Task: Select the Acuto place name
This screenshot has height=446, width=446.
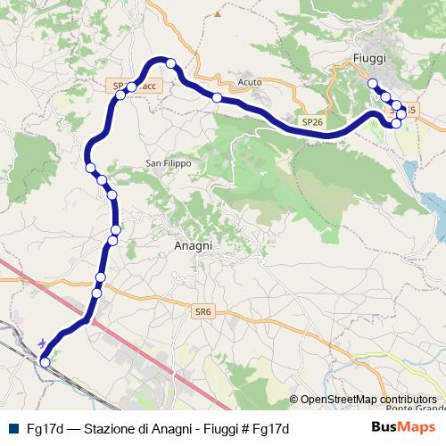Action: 250,82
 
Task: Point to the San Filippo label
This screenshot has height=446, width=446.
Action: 169,163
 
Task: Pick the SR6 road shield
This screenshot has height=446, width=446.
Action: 203,311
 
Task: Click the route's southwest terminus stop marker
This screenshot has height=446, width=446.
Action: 45,362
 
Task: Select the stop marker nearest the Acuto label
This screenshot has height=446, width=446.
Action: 217,97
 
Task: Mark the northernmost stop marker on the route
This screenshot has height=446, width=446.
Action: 170,63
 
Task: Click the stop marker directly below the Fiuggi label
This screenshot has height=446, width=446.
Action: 373,84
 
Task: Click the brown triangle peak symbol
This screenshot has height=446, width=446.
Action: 216,14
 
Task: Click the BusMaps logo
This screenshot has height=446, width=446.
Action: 403,428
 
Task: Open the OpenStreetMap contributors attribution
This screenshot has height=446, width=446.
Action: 368,399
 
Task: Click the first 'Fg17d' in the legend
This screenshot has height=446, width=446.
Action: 44,428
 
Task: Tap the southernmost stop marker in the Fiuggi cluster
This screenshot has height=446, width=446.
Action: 397,122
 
